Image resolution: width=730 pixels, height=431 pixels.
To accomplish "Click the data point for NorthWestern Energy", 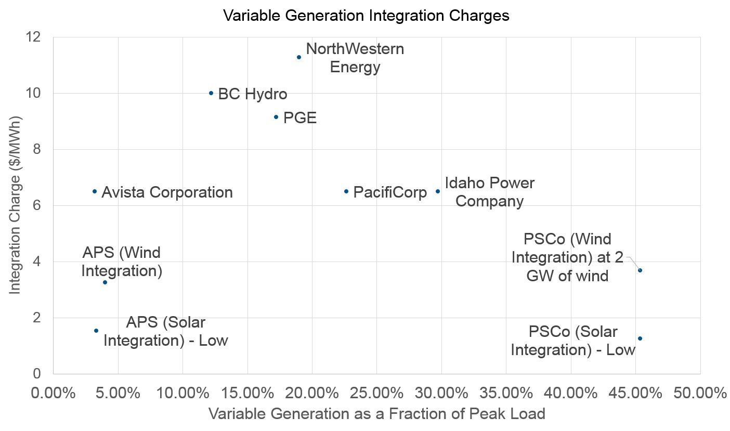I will [299, 57].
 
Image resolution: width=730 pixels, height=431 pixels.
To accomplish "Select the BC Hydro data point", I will [211, 93].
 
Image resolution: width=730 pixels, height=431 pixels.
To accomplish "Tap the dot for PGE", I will [276, 117].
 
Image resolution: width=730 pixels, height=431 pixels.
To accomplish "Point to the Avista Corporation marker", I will [95, 191].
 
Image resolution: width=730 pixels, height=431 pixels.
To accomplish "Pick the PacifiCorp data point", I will [346, 191].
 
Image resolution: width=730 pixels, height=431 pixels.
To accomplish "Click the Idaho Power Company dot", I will [438, 191].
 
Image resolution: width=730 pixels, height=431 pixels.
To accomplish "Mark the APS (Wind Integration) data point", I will [105, 282].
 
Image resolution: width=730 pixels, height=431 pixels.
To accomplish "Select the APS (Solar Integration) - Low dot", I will [96, 331].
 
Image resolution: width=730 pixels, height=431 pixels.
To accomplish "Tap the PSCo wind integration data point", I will [640, 270].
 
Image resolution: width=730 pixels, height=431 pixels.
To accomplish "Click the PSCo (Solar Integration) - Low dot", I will [640, 338].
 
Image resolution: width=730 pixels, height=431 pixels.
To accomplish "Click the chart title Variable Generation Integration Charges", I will [366, 16].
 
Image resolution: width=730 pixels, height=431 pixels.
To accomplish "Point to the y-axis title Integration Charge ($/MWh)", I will [16, 205].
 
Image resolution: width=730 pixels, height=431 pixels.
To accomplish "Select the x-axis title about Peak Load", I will [376, 414].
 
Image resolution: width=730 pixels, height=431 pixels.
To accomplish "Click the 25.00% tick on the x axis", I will [377, 393].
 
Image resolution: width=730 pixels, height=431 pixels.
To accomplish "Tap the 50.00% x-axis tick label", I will [700, 393].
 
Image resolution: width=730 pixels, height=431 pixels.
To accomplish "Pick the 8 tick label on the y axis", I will [36, 149].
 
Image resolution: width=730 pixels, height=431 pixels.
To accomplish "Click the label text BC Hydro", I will [253, 94].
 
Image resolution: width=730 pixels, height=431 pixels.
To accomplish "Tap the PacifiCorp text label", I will [390, 192].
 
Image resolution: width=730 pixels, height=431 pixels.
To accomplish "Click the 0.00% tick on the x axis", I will [54, 393].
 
